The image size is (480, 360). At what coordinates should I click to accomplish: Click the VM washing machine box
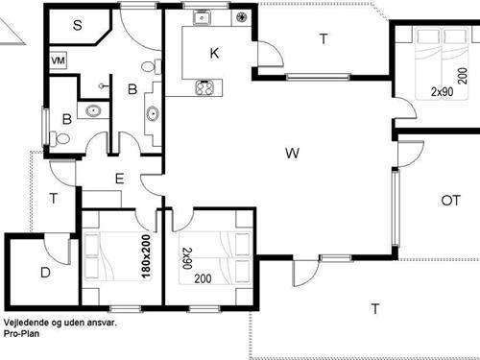coord(59,60)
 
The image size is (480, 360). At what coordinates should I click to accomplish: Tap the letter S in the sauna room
coord(78,25)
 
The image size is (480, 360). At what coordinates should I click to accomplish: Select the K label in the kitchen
coord(214,53)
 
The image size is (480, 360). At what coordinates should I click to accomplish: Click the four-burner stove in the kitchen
coord(204,87)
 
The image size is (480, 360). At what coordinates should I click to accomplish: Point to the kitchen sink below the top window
coord(202,18)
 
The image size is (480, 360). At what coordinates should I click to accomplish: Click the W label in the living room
coord(292,153)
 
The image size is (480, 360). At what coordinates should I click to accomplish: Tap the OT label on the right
coord(450,201)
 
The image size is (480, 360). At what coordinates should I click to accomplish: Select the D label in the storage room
coord(45,273)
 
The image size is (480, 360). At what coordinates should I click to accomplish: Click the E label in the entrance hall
coord(119,179)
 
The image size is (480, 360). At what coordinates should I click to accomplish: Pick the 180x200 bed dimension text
coord(146,256)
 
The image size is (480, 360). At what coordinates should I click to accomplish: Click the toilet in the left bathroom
coord(60,139)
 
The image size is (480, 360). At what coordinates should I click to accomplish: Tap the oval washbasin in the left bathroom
coord(94,110)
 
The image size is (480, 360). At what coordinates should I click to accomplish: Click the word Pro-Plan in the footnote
coord(22,333)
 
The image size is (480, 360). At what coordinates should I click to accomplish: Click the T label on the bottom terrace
coord(375,309)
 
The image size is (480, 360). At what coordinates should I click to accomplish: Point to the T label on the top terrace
coord(324,39)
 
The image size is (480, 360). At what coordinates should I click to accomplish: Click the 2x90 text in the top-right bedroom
coord(443,92)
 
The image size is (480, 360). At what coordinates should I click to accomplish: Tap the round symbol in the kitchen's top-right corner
coord(241,16)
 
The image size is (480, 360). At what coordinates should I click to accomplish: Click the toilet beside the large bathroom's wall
coord(151,66)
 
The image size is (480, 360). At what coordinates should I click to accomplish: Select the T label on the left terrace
coord(54,199)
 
